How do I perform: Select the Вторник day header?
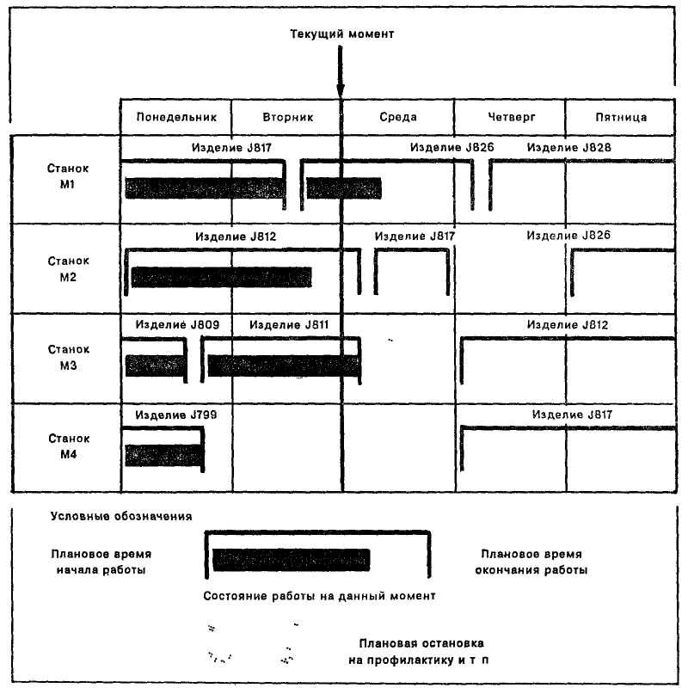pos(286,117)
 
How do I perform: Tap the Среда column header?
pos(397,117)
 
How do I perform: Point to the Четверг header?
pos(510,117)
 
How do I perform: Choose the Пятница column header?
pos(620,117)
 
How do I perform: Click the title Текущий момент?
pos(341,34)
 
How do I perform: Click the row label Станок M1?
pos(68,177)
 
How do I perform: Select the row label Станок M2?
pos(68,267)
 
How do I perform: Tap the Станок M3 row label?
pos(68,357)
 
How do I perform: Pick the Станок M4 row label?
pos(68,446)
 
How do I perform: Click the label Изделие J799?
pos(176,415)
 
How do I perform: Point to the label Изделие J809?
pos(177,325)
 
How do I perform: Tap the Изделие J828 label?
pos(569,148)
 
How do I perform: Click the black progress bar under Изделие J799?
pos(163,455)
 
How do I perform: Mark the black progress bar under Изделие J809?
pos(156,365)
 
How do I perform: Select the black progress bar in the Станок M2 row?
pos(221,277)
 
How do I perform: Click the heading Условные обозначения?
pos(120,516)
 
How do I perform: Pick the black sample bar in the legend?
pos(291,559)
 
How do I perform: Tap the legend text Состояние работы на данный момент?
pos(321,596)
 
